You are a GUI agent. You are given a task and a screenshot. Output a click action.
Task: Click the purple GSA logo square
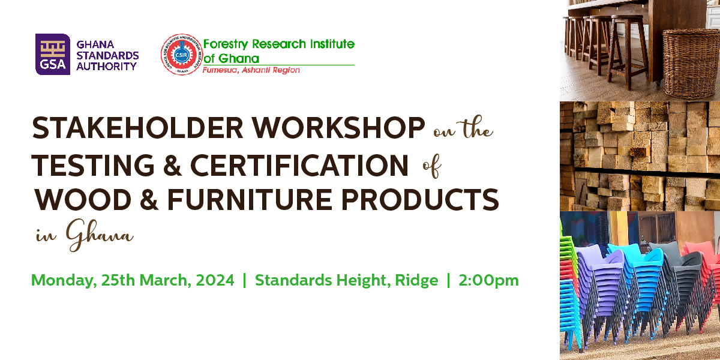point(53,55)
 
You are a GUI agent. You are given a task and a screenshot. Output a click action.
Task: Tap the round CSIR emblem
point(182,55)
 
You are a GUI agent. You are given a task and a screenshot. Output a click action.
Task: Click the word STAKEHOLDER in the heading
point(137,128)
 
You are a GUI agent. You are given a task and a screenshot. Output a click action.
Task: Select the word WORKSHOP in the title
point(338,128)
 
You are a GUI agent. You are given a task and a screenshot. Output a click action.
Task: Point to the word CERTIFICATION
point(299,165)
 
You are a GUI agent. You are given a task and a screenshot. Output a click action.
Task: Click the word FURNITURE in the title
point(250,200)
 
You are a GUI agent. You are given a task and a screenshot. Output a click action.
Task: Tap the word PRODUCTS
point(420,200)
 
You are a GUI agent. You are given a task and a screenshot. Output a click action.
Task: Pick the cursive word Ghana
point(100,235)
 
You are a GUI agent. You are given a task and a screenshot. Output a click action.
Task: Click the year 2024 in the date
point(215,280)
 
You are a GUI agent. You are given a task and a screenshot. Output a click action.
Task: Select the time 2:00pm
point(488,280)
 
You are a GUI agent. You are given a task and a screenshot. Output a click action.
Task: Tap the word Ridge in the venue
point(416,281)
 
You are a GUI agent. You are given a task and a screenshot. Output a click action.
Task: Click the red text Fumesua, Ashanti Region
point(251,70)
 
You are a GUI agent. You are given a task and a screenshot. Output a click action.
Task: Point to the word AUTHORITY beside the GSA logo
point(106,67)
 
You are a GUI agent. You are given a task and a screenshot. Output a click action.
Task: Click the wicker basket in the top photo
point(691,64)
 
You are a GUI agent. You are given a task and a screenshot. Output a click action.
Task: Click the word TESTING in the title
point(93,165)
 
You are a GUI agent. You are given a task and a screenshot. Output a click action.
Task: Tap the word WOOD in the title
point(83,200)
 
